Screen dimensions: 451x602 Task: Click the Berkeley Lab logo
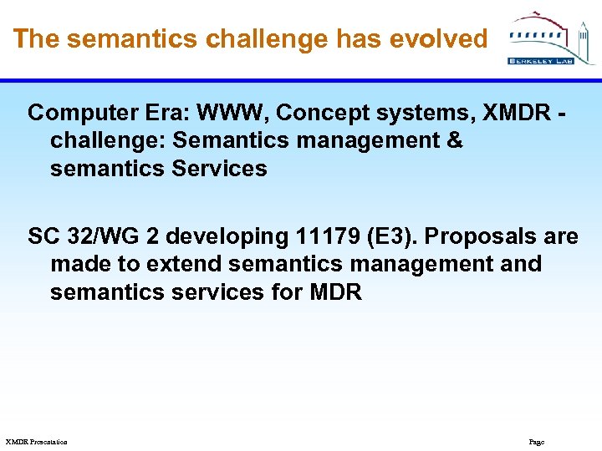point(551,38)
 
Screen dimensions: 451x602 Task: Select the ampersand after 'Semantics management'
point(455,140)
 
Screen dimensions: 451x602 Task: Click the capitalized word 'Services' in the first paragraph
point(219,169)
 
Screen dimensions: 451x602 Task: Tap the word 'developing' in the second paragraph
point(227,236)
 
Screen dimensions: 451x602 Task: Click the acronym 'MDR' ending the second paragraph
point(334,293)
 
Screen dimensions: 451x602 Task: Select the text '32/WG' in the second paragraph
point(97,236)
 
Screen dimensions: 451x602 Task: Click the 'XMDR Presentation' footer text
point(36,442)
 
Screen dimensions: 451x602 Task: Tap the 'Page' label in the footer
point(536,442)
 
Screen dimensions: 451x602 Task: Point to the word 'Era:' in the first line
point(143,113)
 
